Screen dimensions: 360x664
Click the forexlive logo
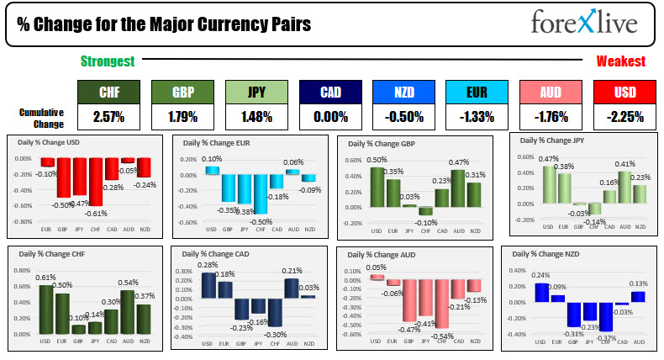(583, 23)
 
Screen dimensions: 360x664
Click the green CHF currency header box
(108, 92)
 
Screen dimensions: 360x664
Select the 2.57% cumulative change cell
(108, 116)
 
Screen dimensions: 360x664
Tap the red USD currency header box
(624, 92)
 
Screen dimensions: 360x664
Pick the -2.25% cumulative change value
(624, 116)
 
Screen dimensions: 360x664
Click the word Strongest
(107, 61)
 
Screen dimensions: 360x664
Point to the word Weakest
(620, 61)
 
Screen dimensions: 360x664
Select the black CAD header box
(329, 92)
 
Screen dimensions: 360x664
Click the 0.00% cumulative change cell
(329, 116)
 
